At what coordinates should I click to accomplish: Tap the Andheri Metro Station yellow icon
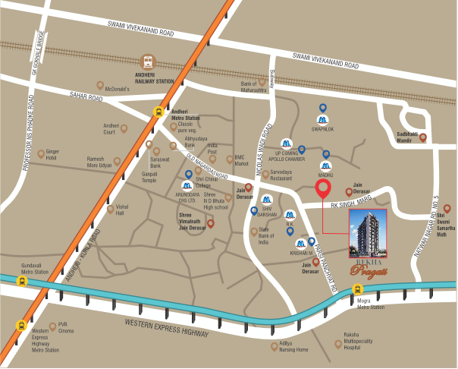[x=158, y=111]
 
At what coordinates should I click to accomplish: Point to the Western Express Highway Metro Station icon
[x=20, y=326]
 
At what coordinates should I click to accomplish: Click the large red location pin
[x=323, y=191]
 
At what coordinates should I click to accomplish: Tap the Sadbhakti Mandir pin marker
[x=423, y=138]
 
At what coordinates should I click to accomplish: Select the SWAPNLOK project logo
[x=323, y=121]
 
